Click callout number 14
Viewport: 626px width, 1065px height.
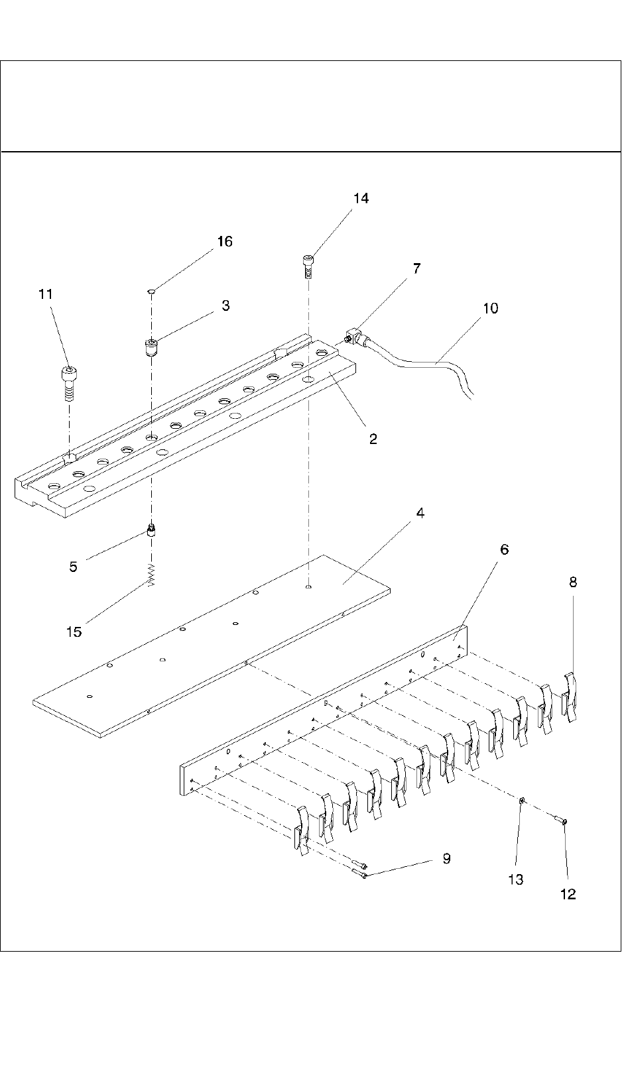tap(361, 198)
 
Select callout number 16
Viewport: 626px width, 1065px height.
tap(225, 241)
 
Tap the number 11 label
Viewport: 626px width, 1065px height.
tap(46, 294)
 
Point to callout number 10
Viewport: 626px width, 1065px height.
tap(491, 308)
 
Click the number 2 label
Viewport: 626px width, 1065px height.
tap(373, 439)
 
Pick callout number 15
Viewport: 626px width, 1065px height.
tap(74, 632)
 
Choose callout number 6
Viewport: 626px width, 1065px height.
tap(504, 549)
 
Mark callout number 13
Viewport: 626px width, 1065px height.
tap(516, 879)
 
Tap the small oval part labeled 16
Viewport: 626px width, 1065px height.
tap(152, 290)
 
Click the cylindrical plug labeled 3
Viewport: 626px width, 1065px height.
tap(151, 347)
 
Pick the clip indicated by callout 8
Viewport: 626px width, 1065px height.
tap(570, 696)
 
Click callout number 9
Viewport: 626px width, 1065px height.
tap(446, 859)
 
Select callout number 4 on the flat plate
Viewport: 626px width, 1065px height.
tap(420, 514)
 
